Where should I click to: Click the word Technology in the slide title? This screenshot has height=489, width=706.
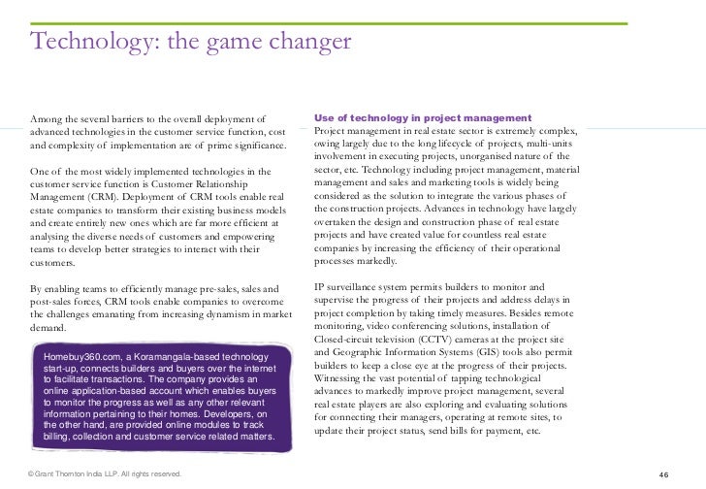point(85,42)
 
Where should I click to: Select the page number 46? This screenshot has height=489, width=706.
point(663,473)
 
